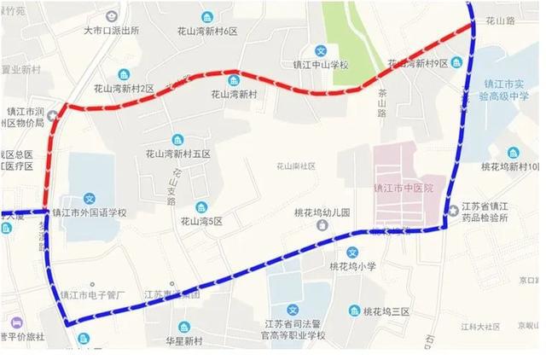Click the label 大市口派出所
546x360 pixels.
click(111, 30)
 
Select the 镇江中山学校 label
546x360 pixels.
click(320, 64)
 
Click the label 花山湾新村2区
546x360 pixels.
click(124, 88)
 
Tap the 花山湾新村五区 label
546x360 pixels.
click(177, 154)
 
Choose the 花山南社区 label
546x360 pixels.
click(296, 166)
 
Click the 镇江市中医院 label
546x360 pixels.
click(404, 187)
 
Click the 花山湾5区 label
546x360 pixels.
click(201, 221)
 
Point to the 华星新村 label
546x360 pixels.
click(184, 341)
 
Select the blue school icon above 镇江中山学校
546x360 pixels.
click(320, 49)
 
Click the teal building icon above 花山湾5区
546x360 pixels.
click(201, 206)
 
